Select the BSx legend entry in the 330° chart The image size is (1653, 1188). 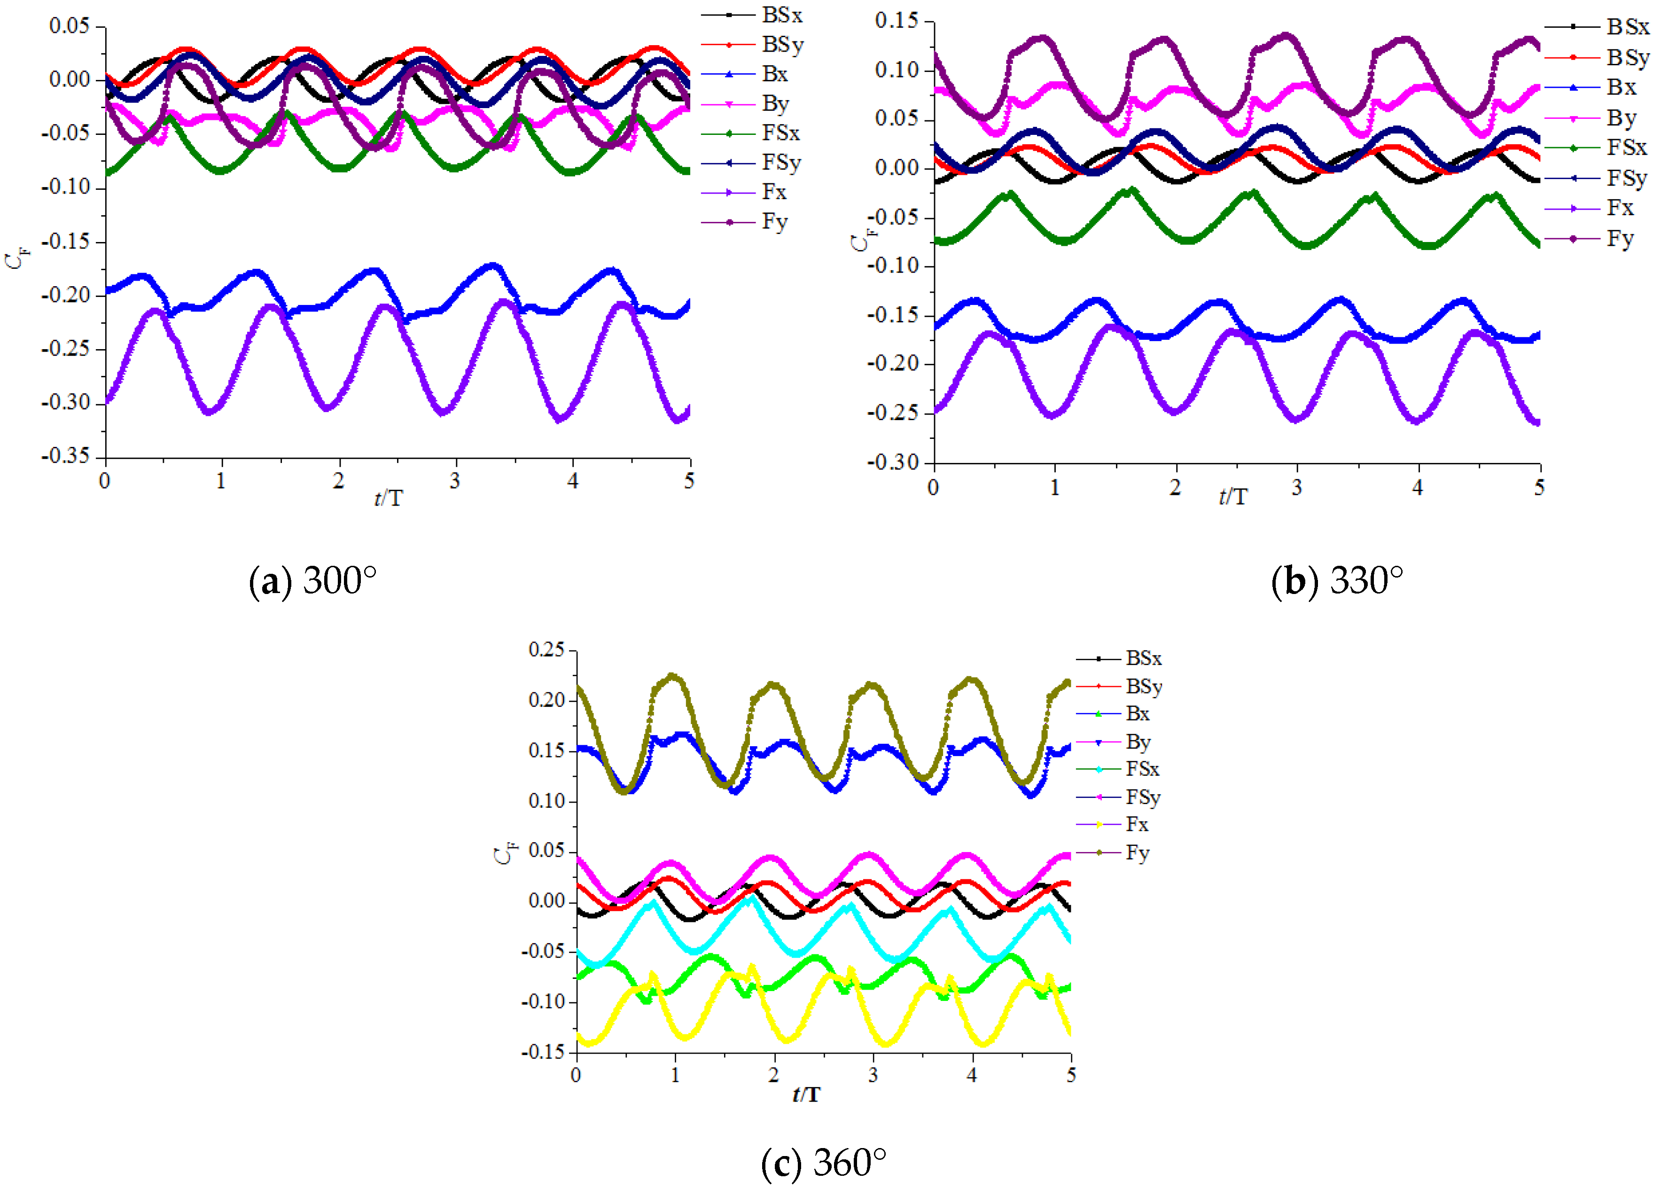tap(1627, 27)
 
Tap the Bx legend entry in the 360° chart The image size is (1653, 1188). tap(1137, 713)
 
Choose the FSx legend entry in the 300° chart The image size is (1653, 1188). tap(780, 133)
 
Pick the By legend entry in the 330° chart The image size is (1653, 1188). tap(1621, 118)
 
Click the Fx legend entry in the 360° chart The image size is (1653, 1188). tap(1136, 824)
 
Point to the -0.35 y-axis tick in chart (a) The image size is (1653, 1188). tap(66, 456)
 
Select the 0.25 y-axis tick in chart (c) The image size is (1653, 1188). tap(546, 649)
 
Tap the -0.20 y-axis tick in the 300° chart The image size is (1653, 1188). tap(66, 295)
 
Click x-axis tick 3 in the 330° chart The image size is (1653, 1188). tap(1296, 488)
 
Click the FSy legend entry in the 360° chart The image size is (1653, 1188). tap(1142, 797)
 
